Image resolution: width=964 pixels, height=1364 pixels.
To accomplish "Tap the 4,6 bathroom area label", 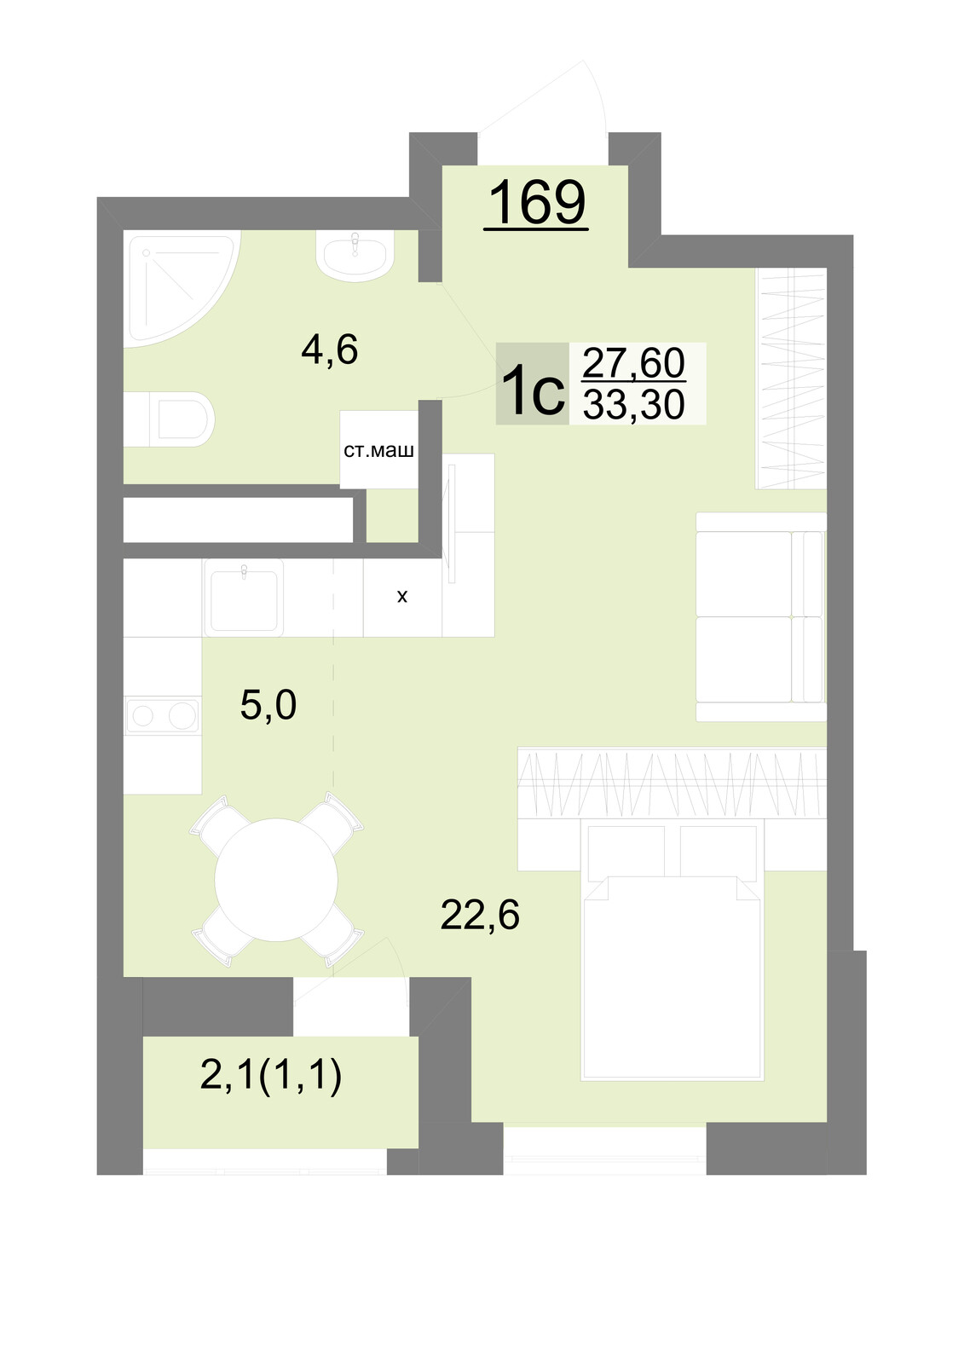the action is [x=330, y=350].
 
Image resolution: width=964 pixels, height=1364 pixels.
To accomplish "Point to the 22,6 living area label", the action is [x=480, y=915].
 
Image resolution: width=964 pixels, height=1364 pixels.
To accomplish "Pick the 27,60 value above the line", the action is [x=634, y=362].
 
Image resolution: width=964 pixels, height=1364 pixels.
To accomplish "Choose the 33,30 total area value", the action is [x=634, y=404].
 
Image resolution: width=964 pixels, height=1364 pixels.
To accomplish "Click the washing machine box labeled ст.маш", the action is [x=378, y=450].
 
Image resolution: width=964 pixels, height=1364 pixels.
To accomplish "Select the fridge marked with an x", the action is [x=402, y=598].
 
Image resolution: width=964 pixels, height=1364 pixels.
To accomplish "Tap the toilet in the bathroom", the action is [x=170, y=419].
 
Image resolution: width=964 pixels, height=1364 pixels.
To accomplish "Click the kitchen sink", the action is [x=244, y=598].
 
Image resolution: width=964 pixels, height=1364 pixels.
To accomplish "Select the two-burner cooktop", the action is [x=163, y=715].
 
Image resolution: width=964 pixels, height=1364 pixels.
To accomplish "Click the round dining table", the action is [x=276, y=880].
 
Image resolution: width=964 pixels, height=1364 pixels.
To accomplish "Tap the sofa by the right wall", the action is [x=761, y=617].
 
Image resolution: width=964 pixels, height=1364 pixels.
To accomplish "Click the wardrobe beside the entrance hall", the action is [x=791, y=379].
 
